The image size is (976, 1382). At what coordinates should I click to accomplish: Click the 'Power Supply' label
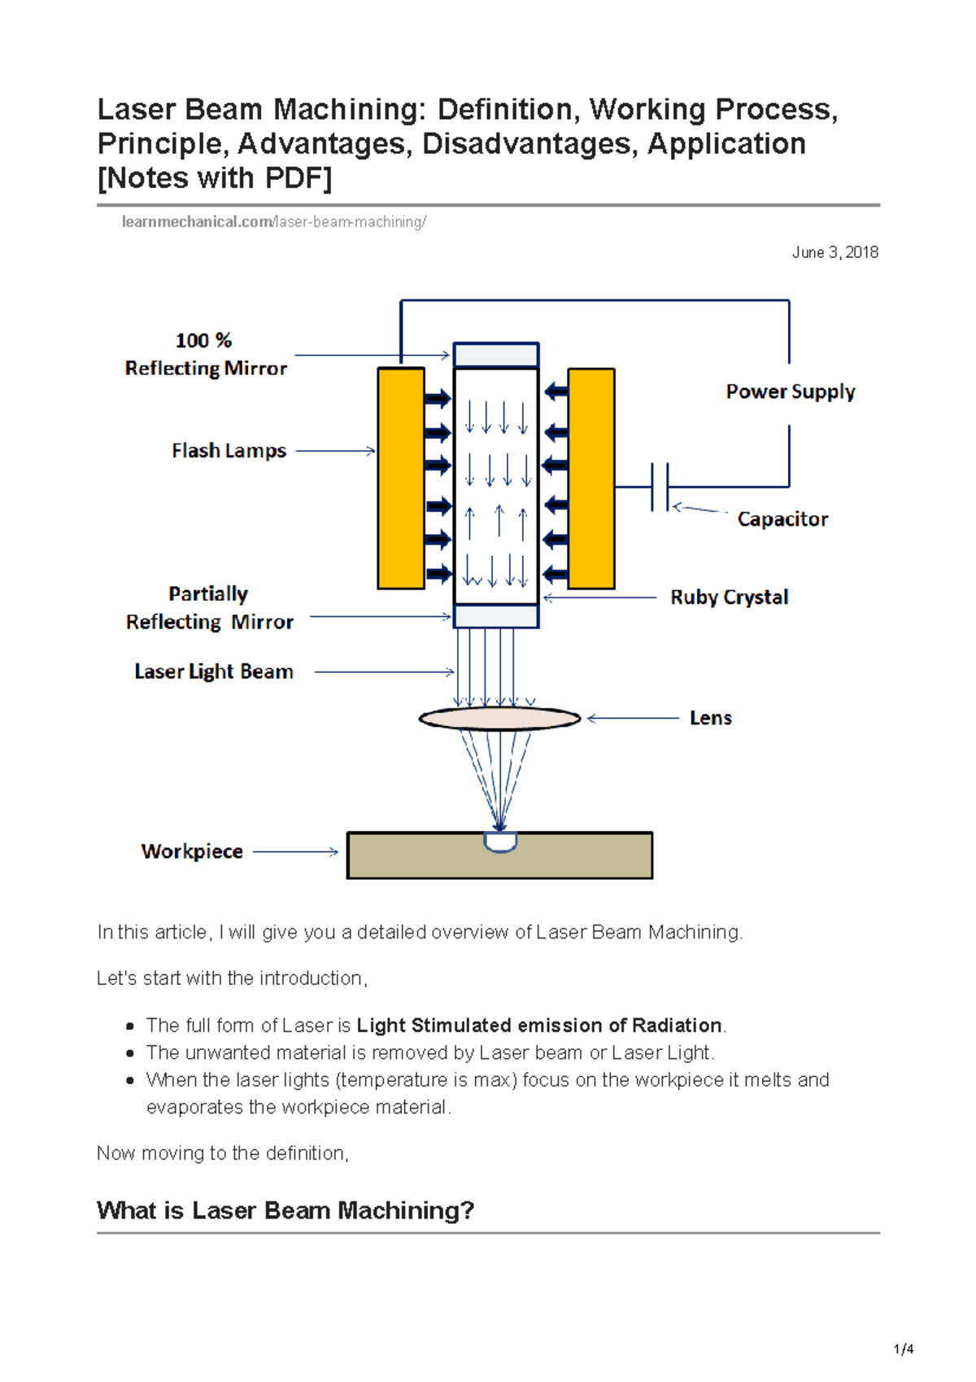[x=790, y=392]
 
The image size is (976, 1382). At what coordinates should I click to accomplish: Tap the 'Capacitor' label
[x=782, y=519]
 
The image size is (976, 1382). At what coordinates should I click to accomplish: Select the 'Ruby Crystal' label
[x=729, y=597]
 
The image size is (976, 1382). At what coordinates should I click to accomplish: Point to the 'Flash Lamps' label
[x=229, y=451]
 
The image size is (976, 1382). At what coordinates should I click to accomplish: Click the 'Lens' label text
[x=710, y=718]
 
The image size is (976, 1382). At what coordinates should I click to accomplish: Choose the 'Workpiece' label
[x=192, y=851]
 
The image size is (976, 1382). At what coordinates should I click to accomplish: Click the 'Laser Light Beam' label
[x=213, y=672]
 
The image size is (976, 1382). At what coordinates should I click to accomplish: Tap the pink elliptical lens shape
[x=499, y=719]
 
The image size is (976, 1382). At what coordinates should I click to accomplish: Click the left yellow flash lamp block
[x=401, y=479]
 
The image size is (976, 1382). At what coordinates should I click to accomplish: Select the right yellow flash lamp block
[x=591, y=479]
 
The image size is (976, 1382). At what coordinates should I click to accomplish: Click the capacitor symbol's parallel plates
[x=660, y=487]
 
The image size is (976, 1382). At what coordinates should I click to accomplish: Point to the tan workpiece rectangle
[x=569, y=856]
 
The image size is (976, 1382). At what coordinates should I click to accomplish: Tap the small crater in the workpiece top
[x=500, y=842]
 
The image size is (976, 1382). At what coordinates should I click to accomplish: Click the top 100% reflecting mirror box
[x=496, y=356]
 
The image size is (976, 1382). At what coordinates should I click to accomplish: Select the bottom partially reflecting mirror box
[x=496, y=616]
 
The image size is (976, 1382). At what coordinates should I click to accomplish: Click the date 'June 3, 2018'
[x=834, y=252]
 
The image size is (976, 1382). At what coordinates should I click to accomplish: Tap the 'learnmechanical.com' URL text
[x=197, y=222]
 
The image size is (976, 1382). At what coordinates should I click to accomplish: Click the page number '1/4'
[x=903, y=1349]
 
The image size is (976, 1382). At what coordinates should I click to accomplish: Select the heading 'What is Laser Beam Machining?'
[x=285, y=1210]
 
